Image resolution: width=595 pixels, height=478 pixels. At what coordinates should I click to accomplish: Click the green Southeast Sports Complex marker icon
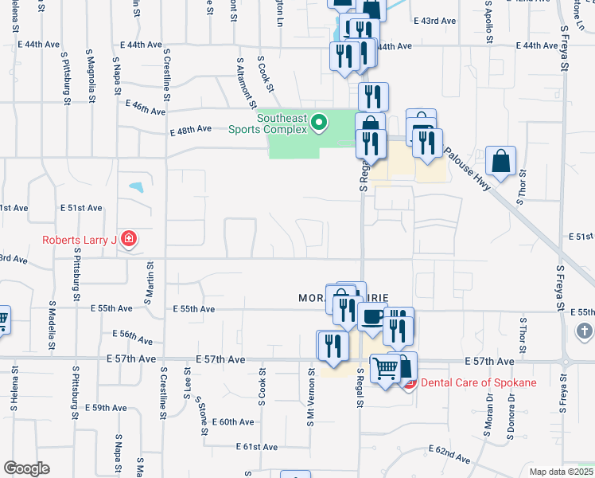[319, 122]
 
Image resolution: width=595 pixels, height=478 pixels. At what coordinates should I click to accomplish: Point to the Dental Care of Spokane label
[478, 382]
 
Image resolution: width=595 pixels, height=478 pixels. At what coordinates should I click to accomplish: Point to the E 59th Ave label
[107, 407]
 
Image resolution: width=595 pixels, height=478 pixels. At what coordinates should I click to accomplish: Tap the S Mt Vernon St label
[311, 395]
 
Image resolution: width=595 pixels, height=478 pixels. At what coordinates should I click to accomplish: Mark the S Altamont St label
[246, 81]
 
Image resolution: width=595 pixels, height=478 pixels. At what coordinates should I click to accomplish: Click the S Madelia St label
[52, 326]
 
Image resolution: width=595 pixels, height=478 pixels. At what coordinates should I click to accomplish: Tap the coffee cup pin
[371, 317]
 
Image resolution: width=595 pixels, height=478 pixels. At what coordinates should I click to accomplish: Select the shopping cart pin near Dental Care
[385, 368]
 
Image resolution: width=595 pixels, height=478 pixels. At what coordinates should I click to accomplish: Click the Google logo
[26, 468]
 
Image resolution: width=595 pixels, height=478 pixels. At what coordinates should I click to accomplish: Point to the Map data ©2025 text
[562, 472]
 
